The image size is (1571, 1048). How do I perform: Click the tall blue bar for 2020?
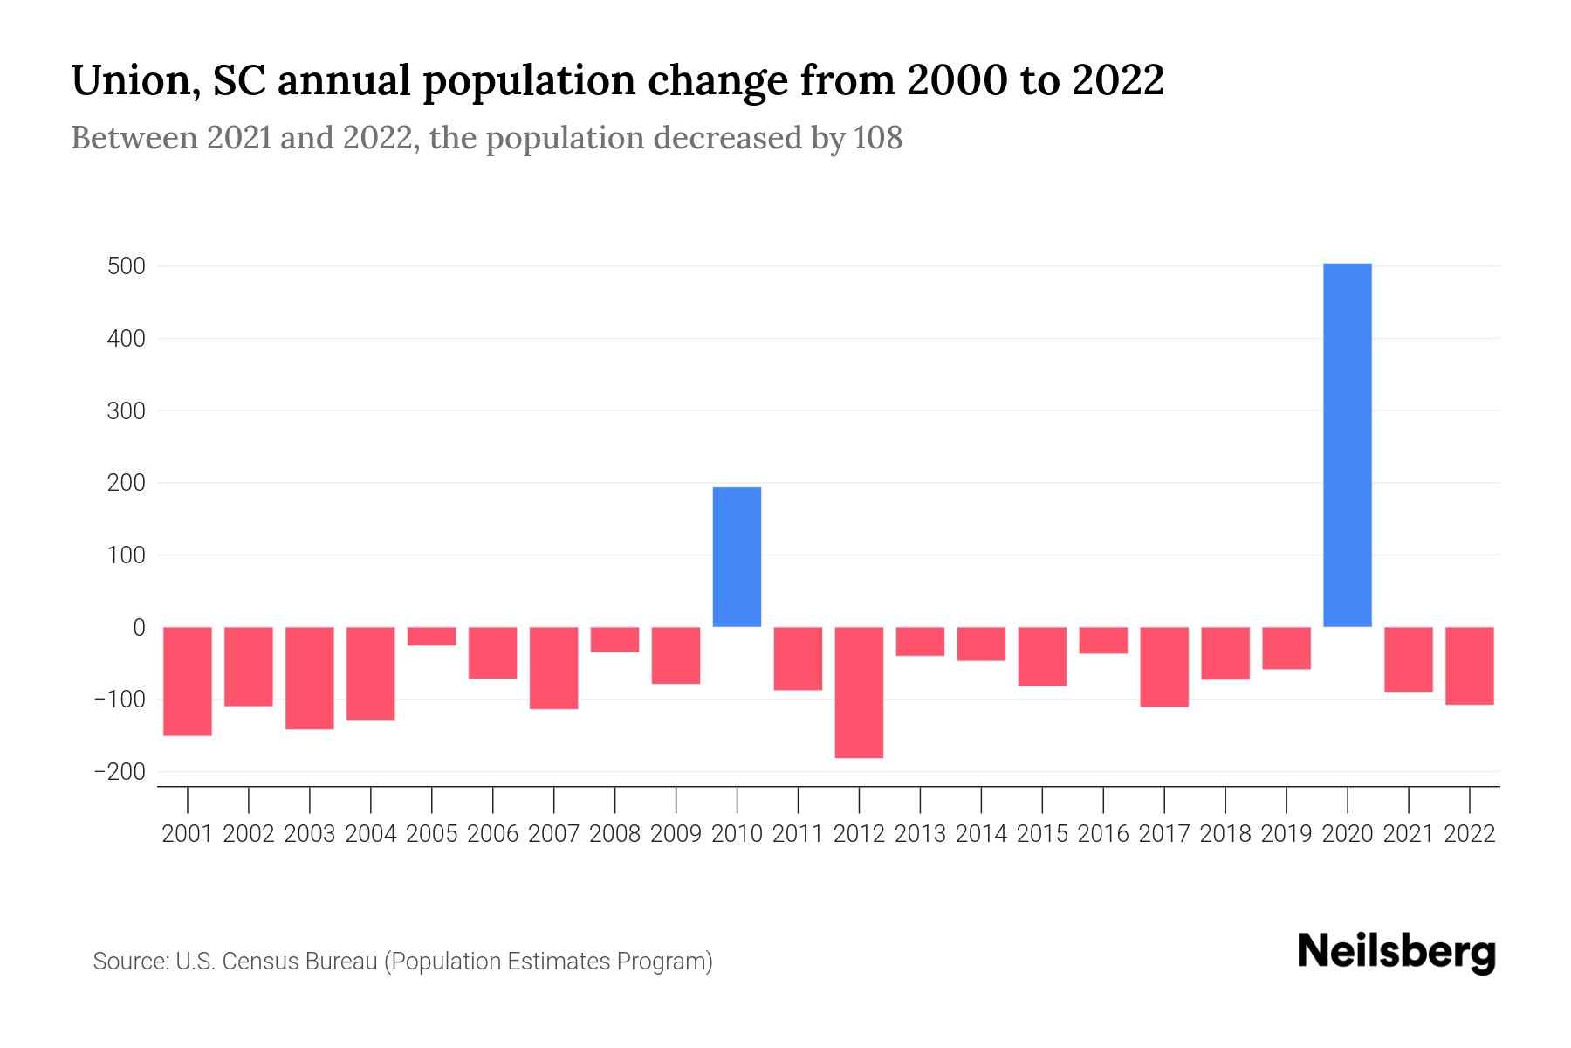coord(1347,445)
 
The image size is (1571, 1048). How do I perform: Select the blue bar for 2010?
coord(737,556)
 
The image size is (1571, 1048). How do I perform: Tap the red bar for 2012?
coord(859,692)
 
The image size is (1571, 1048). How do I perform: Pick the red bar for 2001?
coord(188,681)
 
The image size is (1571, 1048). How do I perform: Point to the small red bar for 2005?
coord(432,637)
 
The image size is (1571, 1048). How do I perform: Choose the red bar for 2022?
coord(1469,665)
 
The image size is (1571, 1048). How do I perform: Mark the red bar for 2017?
coord(1164,666)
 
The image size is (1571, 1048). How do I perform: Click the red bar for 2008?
coord(614,639)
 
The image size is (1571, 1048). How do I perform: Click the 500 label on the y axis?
coord(126,266)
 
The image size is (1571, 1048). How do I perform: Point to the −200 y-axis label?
coord(120,772)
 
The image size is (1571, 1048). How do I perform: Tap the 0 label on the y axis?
coord(139,627)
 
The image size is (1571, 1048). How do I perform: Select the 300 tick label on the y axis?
coord(126,410)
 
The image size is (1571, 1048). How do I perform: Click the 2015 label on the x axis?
coord(1042,834)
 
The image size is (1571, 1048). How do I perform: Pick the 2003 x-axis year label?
coord(310,834)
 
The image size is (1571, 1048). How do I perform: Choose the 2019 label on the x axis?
coord(1286,834)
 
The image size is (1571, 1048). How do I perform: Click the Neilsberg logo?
coord(1396,952)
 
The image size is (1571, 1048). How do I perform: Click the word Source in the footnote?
coord(130,962)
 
